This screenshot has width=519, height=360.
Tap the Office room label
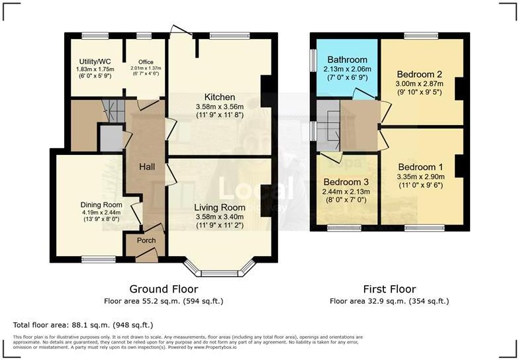pos(146,62)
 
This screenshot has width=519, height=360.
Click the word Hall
pos(146,167)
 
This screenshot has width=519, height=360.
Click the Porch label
pos(146,240)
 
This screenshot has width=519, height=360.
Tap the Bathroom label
pos(347,60)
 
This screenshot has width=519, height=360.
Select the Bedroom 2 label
pos(420,74)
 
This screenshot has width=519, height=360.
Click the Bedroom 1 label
pos(420,167)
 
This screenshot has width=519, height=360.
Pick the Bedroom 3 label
pos(346,183)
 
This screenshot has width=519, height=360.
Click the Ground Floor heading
pos(164,289)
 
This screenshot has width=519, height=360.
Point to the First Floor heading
pos(389,289)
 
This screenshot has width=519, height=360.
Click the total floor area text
pos(83,325)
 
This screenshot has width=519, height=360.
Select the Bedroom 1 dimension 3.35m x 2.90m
pos(420,177)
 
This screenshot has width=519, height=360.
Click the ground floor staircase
pos(114,111)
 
